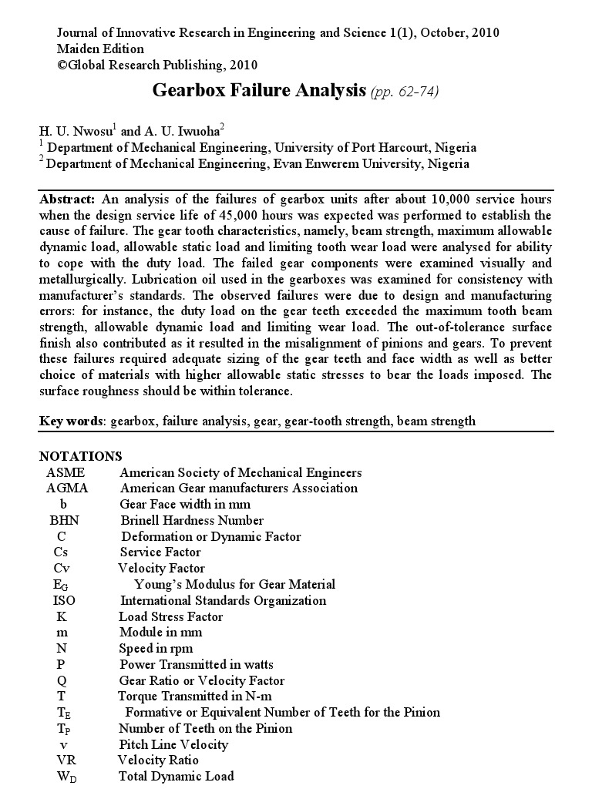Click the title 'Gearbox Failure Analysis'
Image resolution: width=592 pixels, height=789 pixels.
259,91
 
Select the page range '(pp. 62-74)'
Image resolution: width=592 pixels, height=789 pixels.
405,92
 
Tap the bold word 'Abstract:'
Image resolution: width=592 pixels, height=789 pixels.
68,199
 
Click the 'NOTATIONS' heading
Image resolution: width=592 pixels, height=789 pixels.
80,456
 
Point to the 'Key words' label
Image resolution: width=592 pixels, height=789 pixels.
73,421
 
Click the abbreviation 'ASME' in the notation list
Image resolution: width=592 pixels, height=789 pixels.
66,472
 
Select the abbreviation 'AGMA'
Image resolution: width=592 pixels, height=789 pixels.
67,488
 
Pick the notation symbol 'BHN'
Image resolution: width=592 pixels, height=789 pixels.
65,520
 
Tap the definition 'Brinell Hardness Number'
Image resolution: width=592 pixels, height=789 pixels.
192,520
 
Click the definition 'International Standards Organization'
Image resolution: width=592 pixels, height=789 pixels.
224,600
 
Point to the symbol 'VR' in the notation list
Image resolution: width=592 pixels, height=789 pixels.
65,760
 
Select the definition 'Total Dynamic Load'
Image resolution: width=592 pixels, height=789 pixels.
177,776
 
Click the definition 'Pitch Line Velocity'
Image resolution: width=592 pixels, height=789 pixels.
173,744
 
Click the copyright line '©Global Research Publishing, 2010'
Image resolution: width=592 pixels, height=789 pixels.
157,65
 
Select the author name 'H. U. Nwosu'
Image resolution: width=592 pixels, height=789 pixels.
76,132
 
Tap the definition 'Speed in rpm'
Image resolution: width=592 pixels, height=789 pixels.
156,648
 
